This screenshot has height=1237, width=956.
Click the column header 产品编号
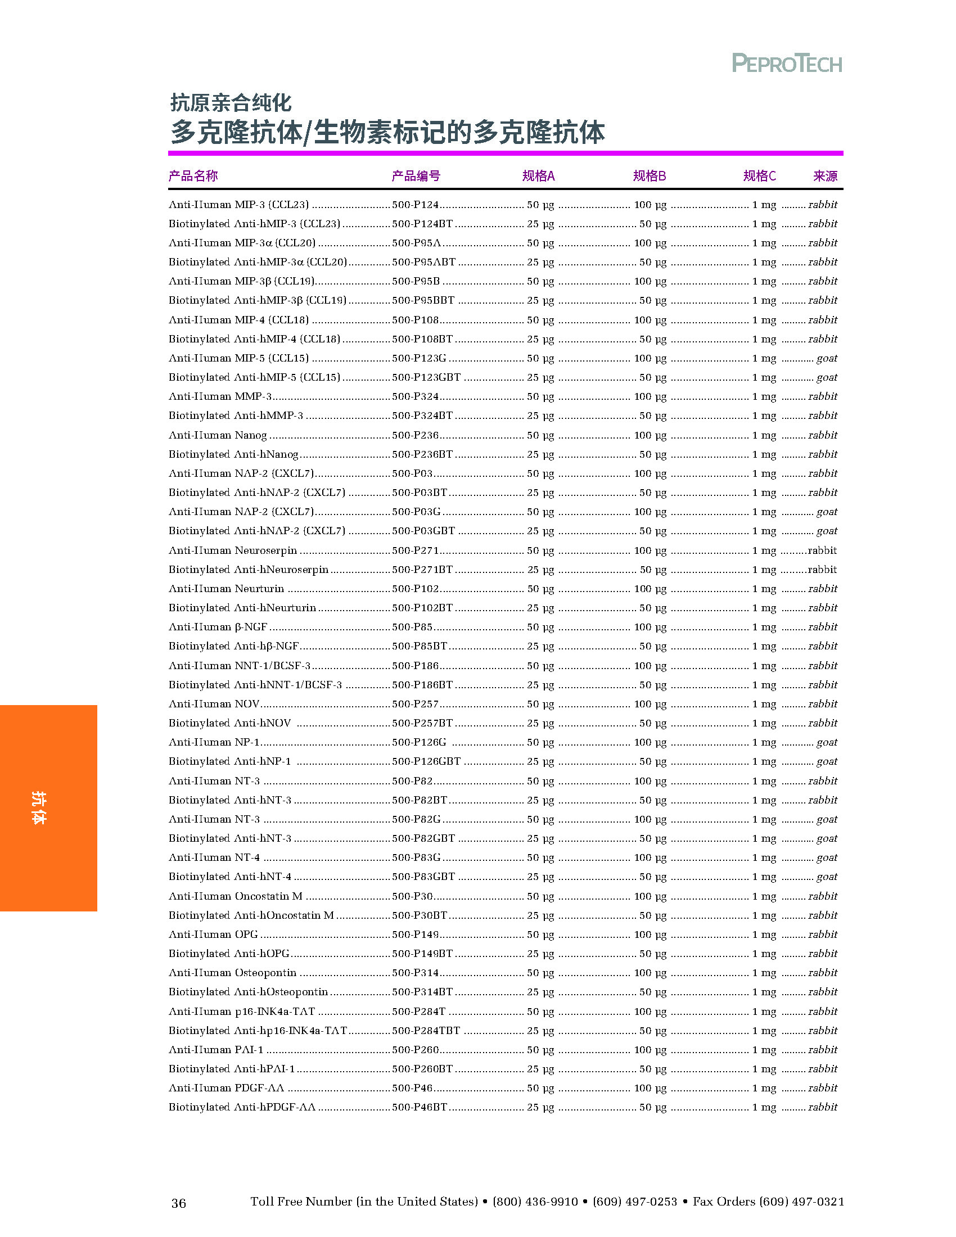[416, 175]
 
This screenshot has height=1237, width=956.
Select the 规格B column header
[649, 175]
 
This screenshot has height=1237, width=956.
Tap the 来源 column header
[824, 175]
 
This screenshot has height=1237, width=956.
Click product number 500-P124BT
[422, 224]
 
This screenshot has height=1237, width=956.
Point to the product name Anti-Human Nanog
[218, 435]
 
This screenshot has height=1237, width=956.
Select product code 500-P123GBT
[426, 377]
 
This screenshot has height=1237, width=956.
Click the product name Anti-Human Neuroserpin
[233, 550]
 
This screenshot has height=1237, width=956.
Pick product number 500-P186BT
[422, 685]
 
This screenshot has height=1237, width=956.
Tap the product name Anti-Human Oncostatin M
[236, 896]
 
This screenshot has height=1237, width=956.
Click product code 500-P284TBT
[426, 1030]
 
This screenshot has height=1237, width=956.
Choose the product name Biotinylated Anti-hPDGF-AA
[242, 1107]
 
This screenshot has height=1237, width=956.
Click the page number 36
[178, 1203]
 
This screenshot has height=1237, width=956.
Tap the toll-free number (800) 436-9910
[535, 1202]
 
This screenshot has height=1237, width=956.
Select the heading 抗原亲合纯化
[231, 102]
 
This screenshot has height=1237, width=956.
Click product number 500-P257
[416, 704]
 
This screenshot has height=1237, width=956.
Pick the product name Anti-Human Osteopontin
[232, 973]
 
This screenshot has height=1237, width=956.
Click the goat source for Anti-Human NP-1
[826, 742]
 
